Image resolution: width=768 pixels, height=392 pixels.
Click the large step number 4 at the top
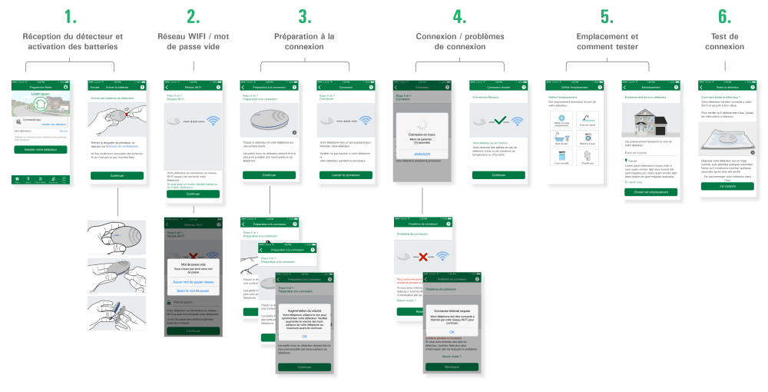point(459,15)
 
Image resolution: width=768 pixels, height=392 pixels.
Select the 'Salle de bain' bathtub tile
point(562,138)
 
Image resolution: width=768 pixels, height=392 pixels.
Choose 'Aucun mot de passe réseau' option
point(193,281)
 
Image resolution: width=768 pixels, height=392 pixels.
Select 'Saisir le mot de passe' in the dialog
point(193,290)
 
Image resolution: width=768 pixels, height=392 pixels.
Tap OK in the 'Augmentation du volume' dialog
point(304,336)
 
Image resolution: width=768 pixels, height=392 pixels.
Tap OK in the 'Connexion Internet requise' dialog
point(452,331)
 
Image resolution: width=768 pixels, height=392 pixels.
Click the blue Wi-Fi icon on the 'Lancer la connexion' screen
point(364,121)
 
